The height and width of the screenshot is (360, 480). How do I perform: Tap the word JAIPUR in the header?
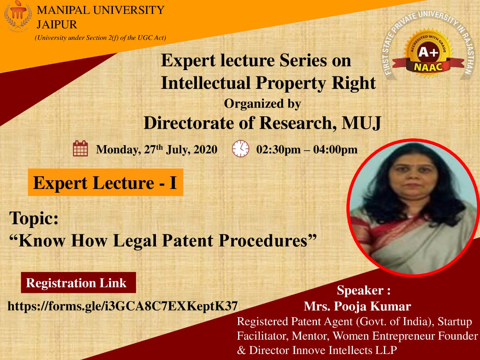pos(57,24)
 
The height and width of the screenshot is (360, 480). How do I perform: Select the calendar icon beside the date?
pos(80,148)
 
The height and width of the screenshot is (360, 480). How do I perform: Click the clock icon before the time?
pos(240,148)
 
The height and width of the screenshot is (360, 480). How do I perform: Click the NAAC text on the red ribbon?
pos(428,66)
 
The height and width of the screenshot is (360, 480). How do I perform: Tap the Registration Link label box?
pos(78,282)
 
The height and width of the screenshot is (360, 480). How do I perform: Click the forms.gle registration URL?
pos(123,306)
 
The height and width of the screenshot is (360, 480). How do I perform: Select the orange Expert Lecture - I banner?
pos(105,182)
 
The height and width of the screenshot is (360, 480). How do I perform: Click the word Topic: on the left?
pos(34,218)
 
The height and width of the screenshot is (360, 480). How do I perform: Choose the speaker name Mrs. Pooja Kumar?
pos(357,306)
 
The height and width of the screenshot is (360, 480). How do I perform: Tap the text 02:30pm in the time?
pos(279,150)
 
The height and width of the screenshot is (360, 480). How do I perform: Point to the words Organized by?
pos(262,104)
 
